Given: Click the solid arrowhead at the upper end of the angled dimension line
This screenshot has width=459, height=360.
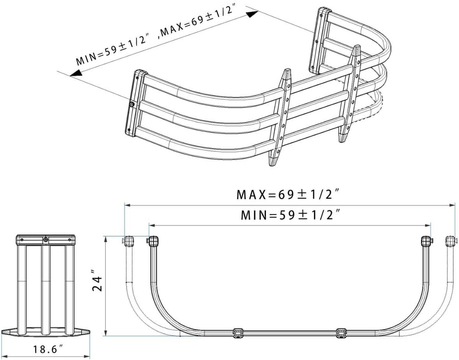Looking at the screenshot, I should point(253,14).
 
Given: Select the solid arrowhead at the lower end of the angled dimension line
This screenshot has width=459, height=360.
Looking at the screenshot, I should point(75,73).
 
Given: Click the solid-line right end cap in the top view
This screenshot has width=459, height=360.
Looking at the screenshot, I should point(426,241).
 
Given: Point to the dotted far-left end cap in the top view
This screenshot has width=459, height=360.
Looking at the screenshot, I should point(128,241).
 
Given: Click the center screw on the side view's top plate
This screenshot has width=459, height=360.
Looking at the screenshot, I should point(46,240).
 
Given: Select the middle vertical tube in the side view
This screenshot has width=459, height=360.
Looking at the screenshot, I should point(46,287).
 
